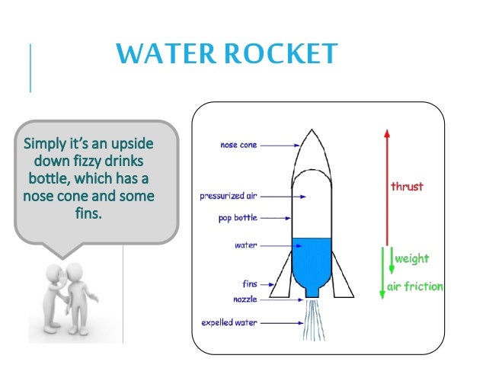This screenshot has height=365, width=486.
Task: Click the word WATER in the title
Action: tap(156, 55)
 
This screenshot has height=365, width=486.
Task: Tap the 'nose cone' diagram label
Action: tap(238, 145)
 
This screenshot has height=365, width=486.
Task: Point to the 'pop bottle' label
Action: tap(236, 218)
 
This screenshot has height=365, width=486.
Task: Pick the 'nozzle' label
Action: tap(245, 299)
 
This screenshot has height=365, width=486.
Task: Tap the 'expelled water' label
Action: tap(229, 322)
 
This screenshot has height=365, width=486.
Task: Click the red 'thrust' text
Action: tap(407, 186)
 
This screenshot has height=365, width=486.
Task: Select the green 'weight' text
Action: tap(411, 259)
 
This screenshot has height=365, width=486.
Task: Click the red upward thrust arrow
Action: tap(386, 183)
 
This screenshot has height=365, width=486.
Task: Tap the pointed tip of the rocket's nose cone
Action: tap(311, 131)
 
